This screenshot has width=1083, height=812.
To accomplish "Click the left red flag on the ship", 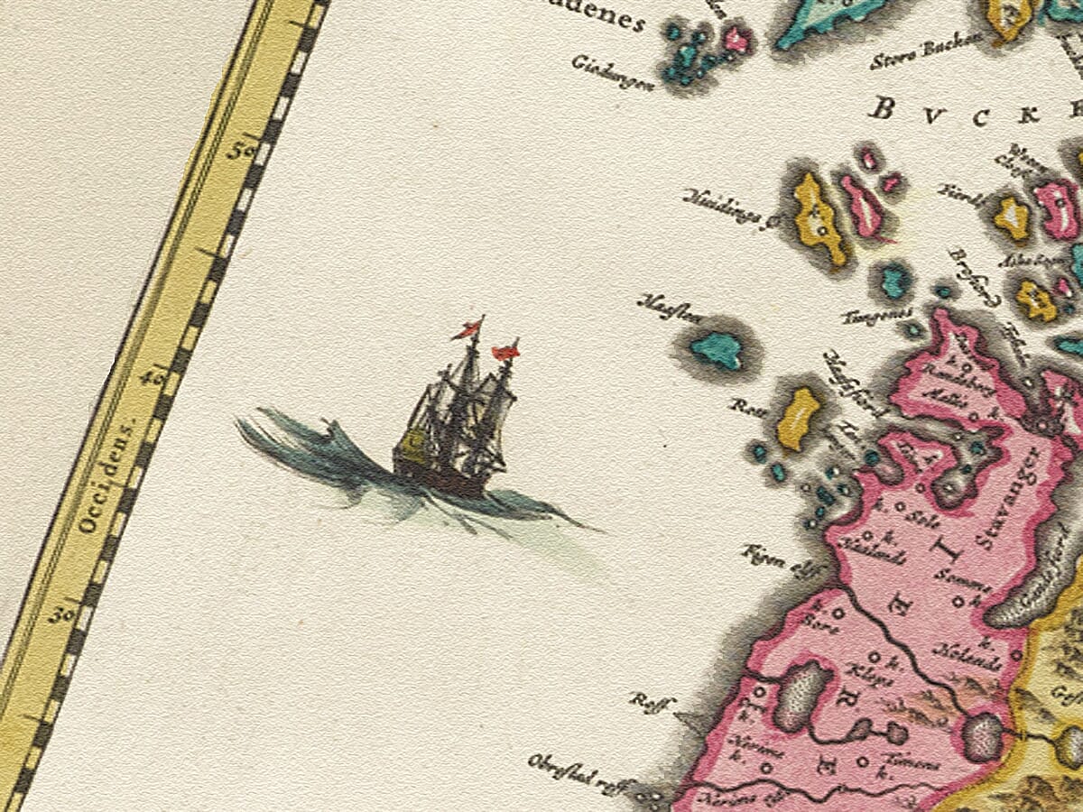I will (467, 331).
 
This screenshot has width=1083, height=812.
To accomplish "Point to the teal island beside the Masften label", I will (717, 349).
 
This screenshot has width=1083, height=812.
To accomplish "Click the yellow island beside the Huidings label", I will (819, 218).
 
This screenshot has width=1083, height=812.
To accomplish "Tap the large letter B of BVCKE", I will (882, 110).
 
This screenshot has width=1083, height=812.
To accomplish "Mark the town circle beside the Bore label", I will (837, 614).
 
